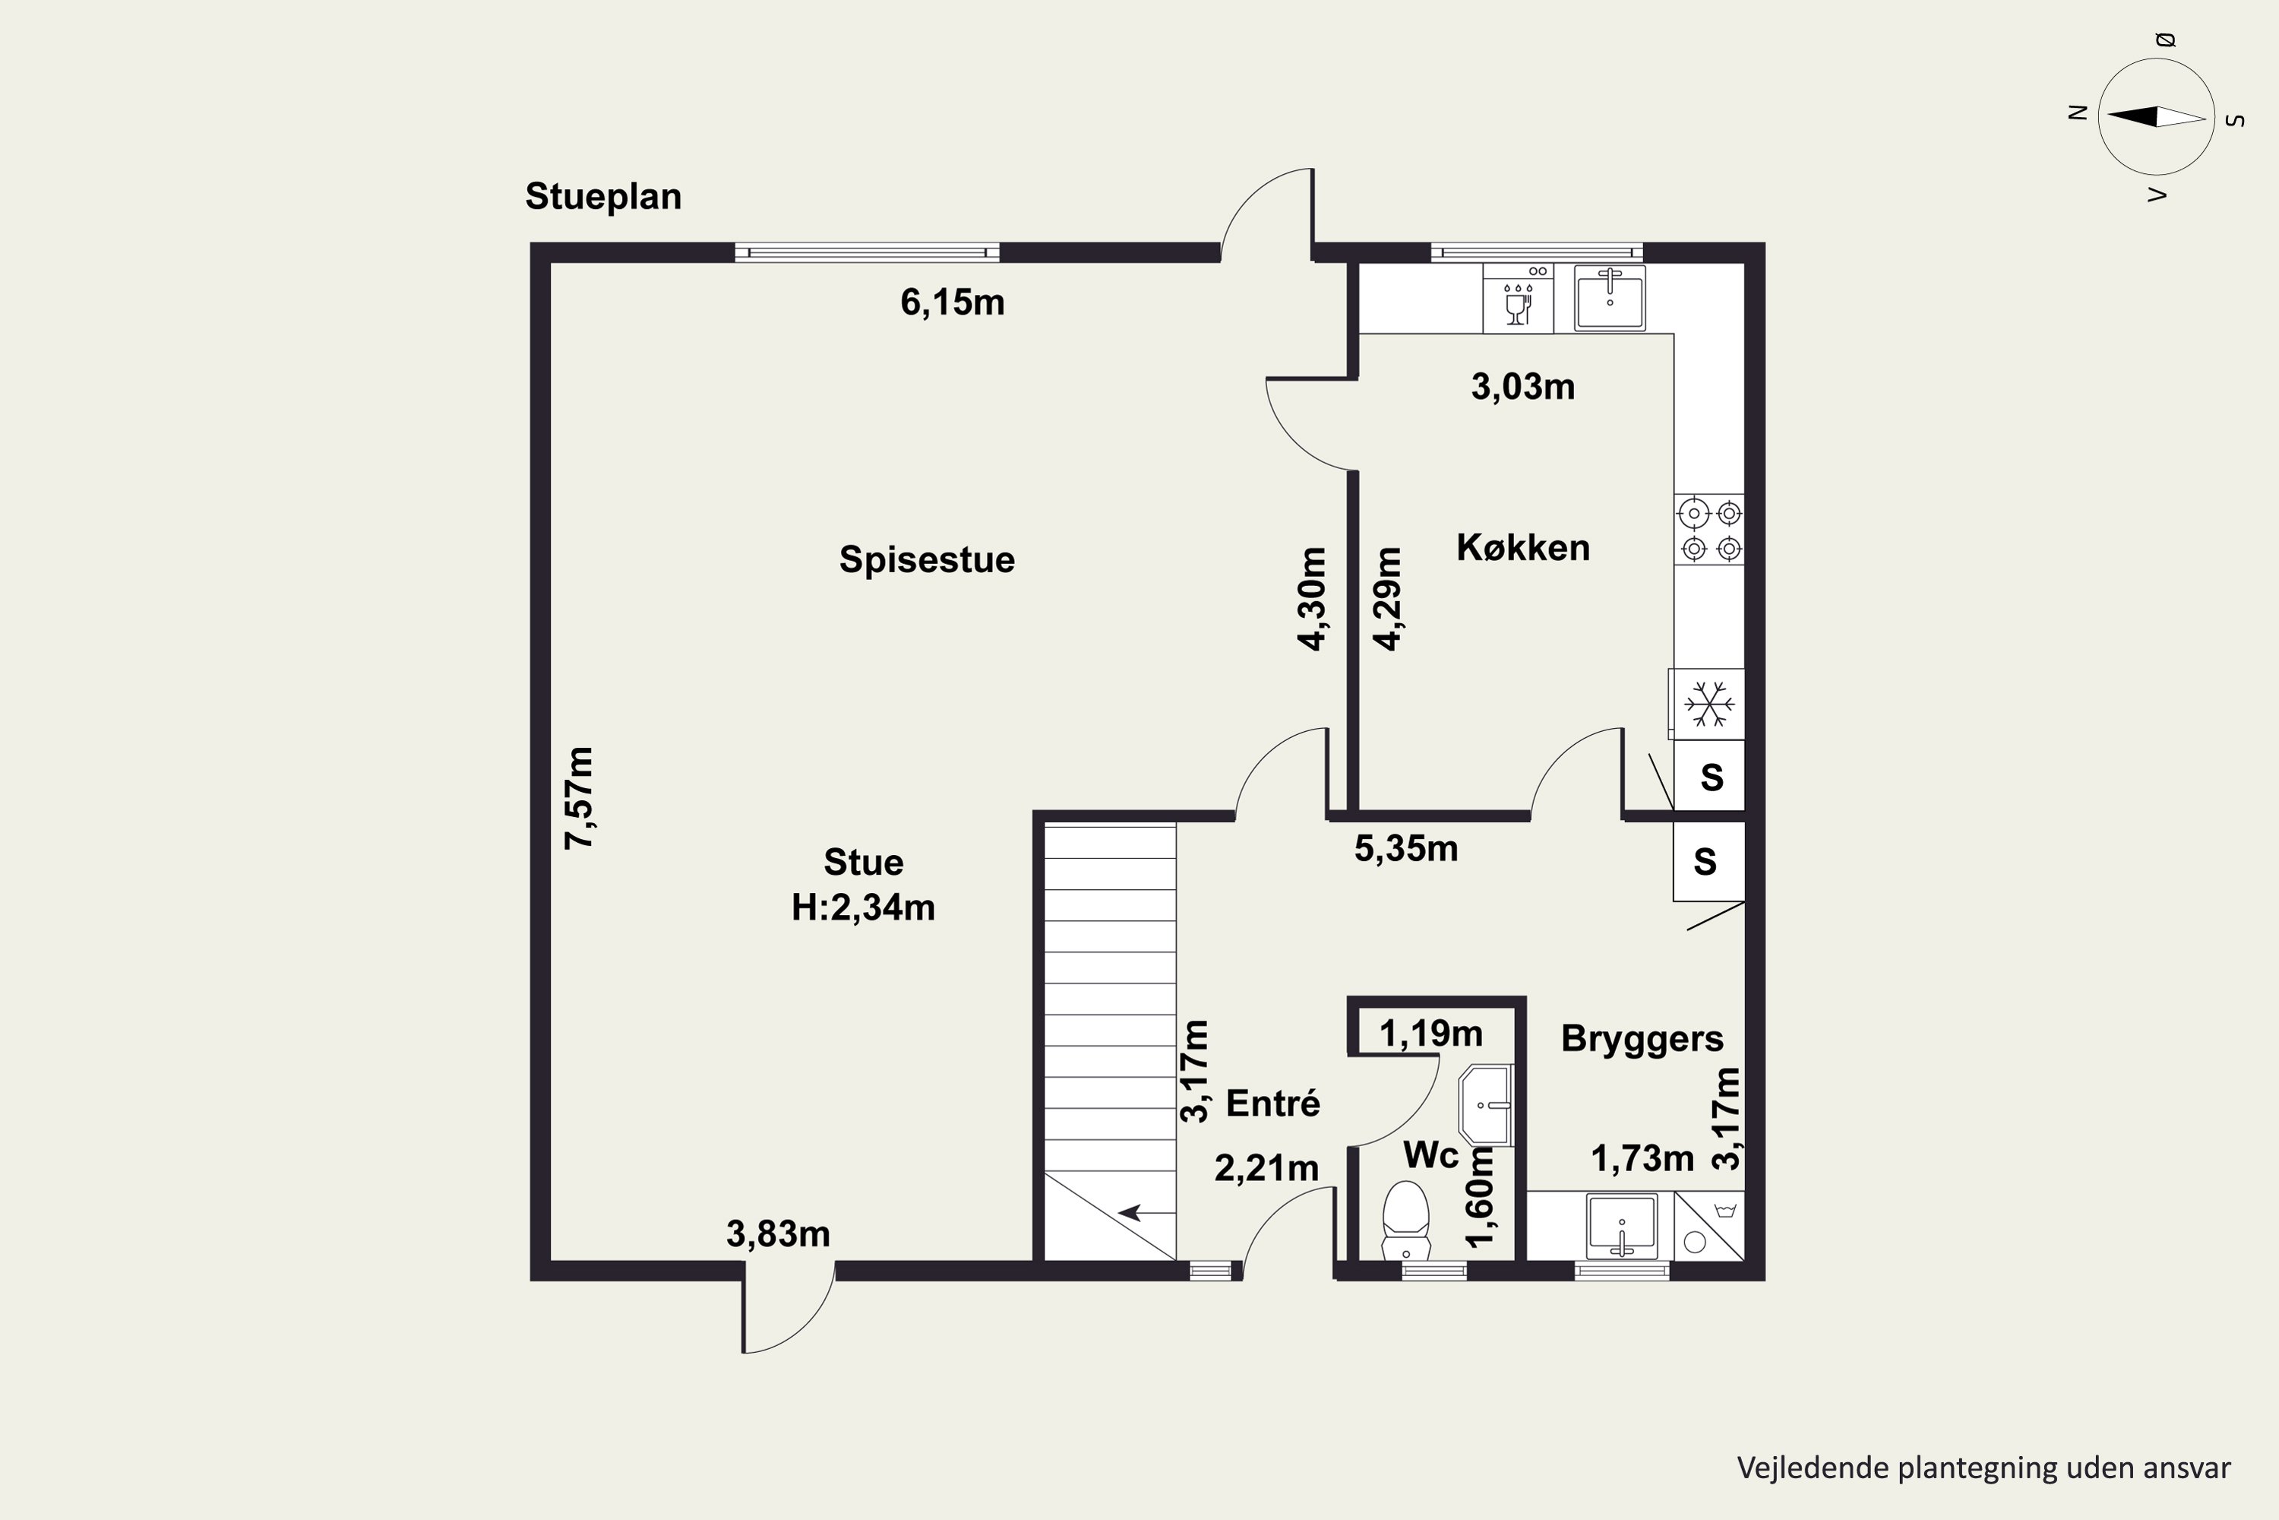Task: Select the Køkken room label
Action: pyautogui.click(x=1523, y=548)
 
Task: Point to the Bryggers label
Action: pyautogui.click(x=1642, y=1039)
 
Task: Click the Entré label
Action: pyautogui.click(x=1273, y=1104)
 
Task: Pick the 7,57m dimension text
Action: pyautogui.click(x=580, y=798)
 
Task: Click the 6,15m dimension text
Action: pyautogui.click(x=953, y=302)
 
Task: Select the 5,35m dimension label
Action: pyautogui.click(x=1406, y=849)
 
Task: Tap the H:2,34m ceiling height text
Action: pyautogui.click(x=863, y=907)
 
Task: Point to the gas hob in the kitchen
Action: pyautogui.click(x=1709, y=529)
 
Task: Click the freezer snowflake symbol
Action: pyautogui.click(x=1708, y=705)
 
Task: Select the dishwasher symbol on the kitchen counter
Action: pyautogui.click(x=1517, y=299)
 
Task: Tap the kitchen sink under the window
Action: pyautogui.click(x=1610, y=299)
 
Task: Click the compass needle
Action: pyautogui.click(x=2156, y=117)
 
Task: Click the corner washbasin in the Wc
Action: pyautogui.click(x=1485, y=1105)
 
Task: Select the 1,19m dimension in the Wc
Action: pyautogui.click(x=1430, y=1034)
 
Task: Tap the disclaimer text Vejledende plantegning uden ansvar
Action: pyautogui.click(x=1983, y=1468)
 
